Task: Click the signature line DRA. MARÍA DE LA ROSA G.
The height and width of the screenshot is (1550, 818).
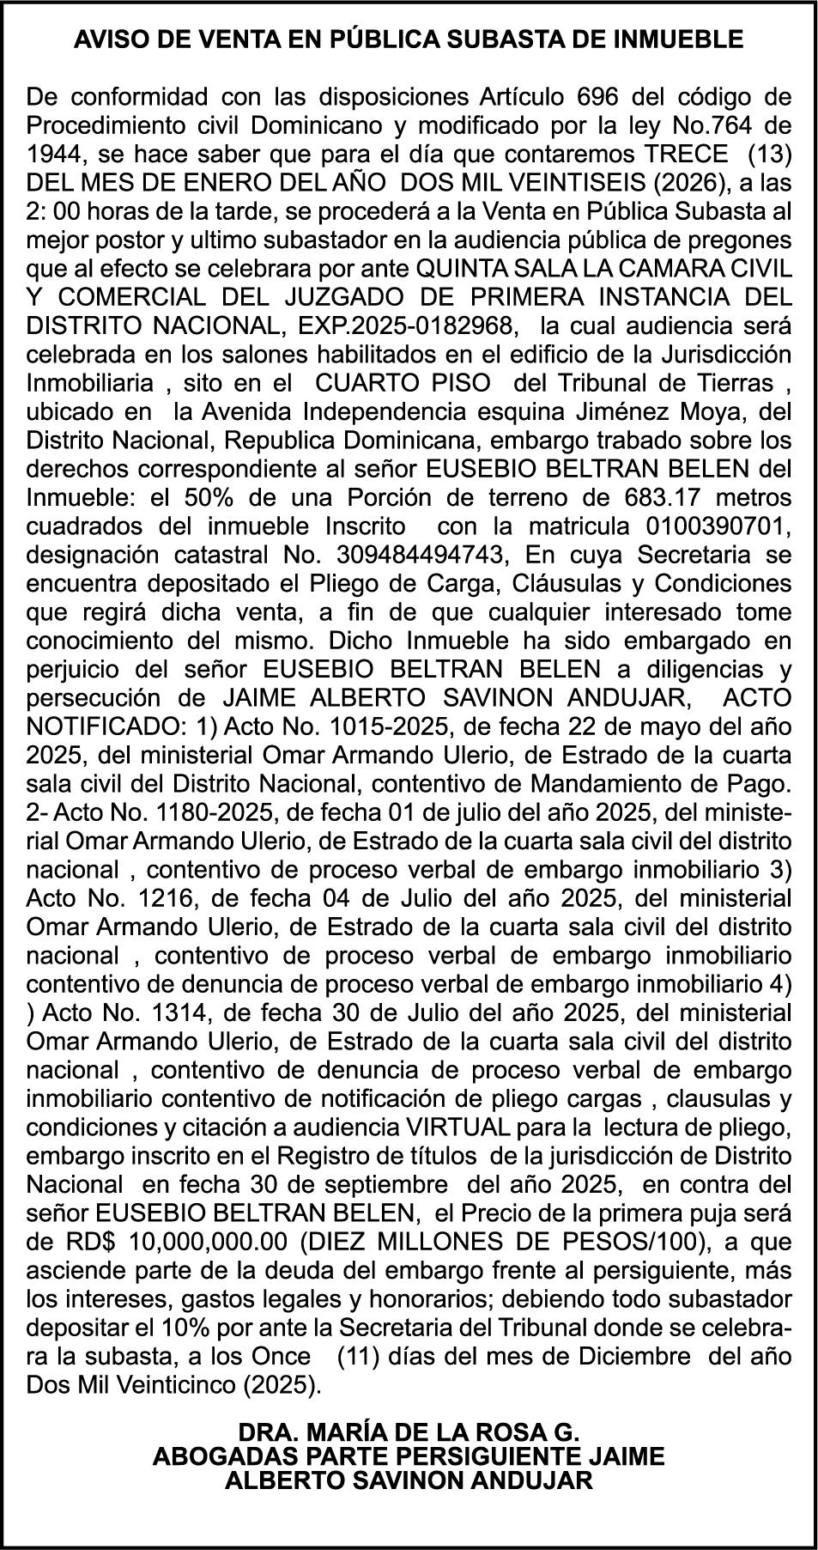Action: click(x=409, y=1433)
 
